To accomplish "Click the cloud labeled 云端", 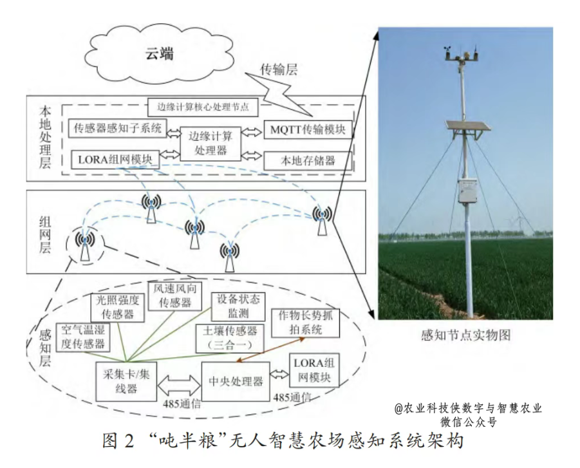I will (x=158, y=53).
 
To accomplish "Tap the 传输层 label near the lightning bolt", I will (x=278, y=70).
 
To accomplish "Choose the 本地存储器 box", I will (x=308, y=159).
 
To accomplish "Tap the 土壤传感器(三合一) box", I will (x=230, y=337).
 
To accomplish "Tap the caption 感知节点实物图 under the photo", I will (x=465, y=335).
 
